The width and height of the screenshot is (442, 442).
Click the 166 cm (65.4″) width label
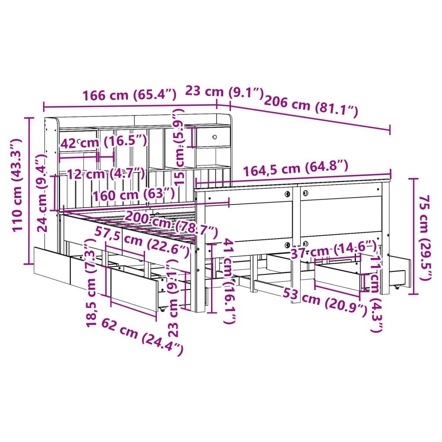point(129,95)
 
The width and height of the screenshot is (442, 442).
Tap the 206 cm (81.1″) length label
point(311,106)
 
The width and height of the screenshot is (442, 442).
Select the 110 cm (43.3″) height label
point(17,185)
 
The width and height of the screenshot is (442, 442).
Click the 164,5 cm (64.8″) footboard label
point(295,168)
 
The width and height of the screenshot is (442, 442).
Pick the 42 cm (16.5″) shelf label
point(104,142)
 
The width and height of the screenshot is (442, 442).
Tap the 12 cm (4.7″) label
point(106,174)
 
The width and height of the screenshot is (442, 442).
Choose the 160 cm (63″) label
point(134,194)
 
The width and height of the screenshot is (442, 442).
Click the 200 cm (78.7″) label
point(171,224)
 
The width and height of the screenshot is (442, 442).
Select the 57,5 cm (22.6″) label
point(142,242)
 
